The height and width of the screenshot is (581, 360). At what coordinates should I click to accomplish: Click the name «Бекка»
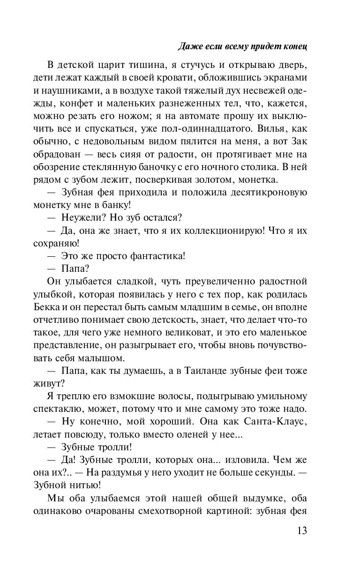tap(45, 306)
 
